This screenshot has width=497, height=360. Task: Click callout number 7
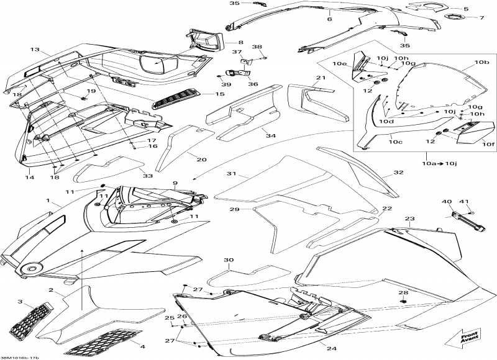tap(481, 17)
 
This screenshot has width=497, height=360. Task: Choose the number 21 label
tap(319, 78)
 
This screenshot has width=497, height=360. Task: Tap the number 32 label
tap(398, 173)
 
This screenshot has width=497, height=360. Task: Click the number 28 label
tap(403, 292)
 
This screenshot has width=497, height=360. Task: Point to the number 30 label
tap(229, 260)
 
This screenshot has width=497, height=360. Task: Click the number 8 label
tap(240, 42)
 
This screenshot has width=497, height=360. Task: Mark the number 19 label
tap(91, 91)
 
